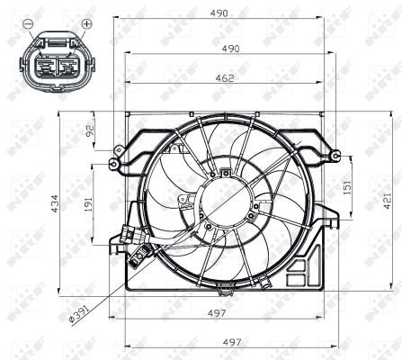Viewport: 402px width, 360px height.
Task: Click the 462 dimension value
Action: (225, 78)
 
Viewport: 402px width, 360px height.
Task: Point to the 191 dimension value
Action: (89, 206)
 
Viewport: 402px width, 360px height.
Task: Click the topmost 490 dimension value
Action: (225, 13)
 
